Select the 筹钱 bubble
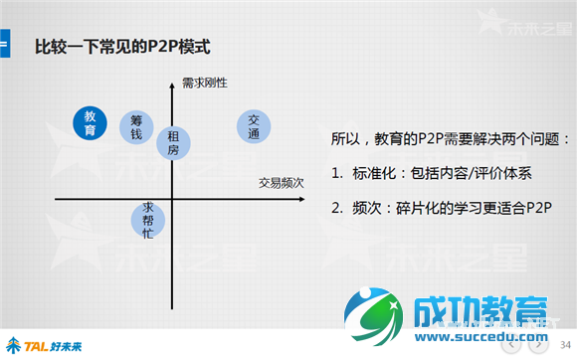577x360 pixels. point(136,126)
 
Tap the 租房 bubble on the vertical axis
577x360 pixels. point(173,142)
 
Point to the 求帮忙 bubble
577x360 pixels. point(147,221)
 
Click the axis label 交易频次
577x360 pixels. point(280,183)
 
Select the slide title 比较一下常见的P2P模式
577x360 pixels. point(122,47)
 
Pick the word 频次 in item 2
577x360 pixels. point(367,208)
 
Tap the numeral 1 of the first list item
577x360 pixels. point(335,173)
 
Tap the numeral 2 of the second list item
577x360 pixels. point(335,208)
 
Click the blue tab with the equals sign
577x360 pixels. point(5,46)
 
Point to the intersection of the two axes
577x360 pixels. point(173,200)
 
